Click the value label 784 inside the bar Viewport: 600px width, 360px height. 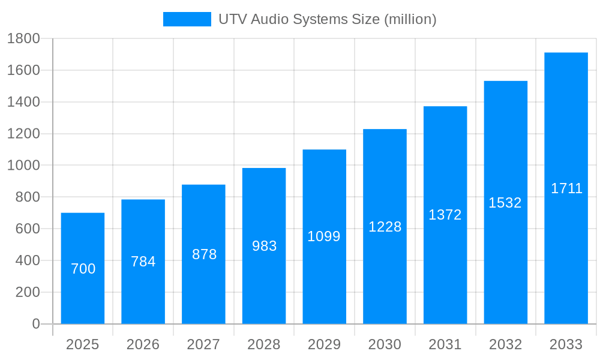(x=143, y=262)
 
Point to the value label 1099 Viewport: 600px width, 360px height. (x=324, y=236)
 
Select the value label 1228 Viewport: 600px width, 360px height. (x=385, y=227)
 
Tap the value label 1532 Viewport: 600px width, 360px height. (x=505, y=203)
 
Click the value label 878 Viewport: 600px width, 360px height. (x=204, y=254)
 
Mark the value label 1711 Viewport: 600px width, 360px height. (x=566, y=188)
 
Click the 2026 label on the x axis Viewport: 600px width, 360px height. (x=143, y=344)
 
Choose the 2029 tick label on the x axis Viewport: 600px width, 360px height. (x=324, y=344)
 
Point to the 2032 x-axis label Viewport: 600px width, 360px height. (x=505, y=344)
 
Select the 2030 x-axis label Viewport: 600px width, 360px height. (x=385, y=344)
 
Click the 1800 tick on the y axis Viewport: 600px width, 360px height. (x=23, y=39)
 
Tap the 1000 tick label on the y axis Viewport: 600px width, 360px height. (x=23, y=166)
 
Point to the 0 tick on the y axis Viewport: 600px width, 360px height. (x=35, y=324)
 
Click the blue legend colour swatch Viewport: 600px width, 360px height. (x=187, y=19)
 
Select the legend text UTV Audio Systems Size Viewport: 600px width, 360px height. (x=327, y=19)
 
